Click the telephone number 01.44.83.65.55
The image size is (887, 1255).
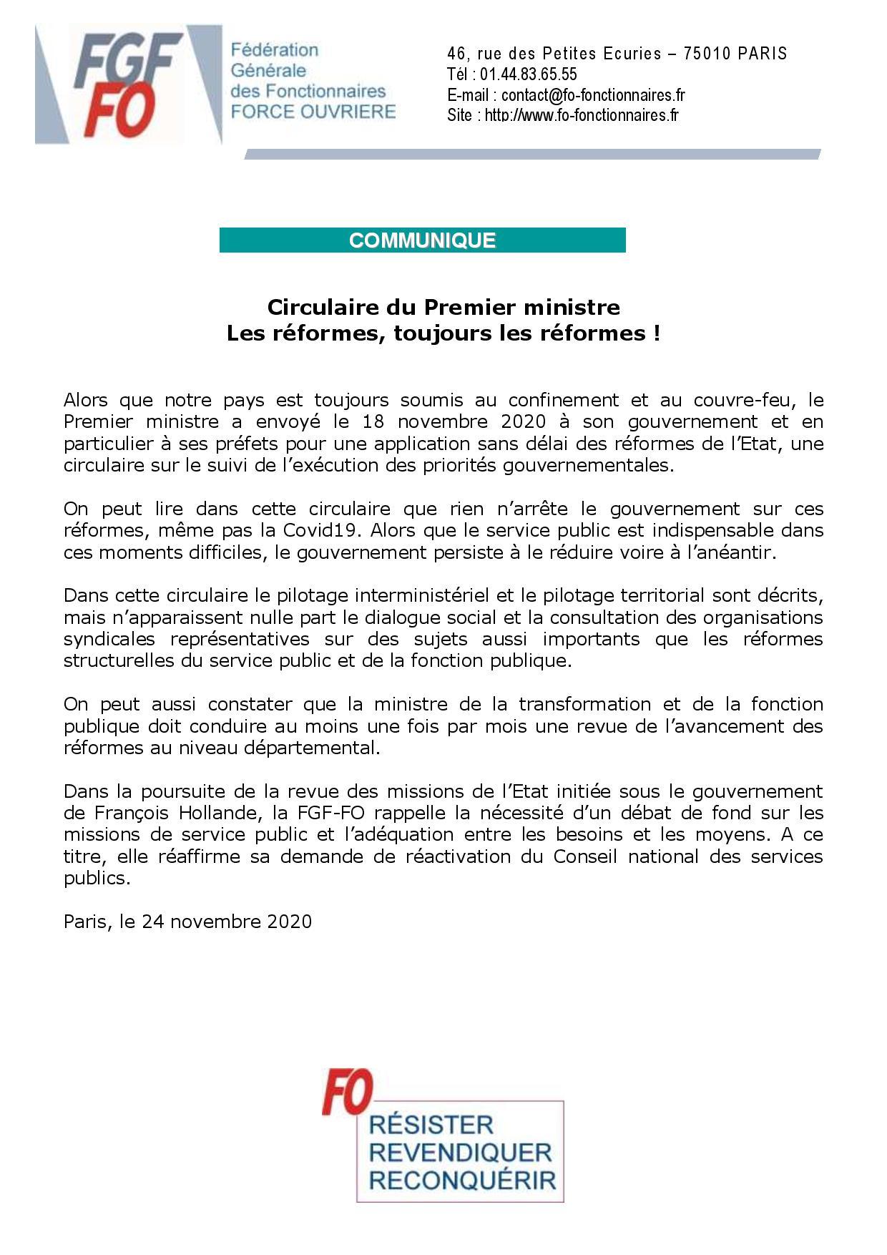pos(528,74)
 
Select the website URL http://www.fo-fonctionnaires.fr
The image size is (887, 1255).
pos(581,115)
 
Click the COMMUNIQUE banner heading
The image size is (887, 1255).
pos(422,240)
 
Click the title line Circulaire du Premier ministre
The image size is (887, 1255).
pos(443,307)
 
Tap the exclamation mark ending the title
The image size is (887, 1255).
pos(656,333)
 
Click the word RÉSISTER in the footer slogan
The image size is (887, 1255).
pos(431,1125)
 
